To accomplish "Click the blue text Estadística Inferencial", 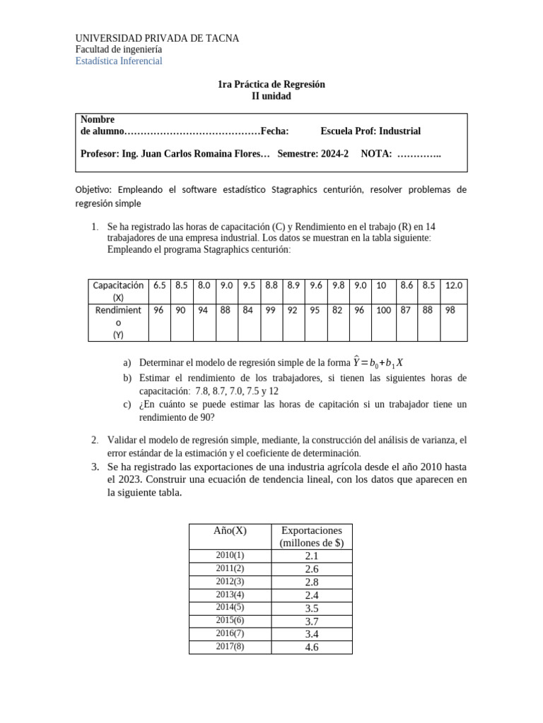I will click(x=119, y=61).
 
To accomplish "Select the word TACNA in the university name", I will click(x=221, y=38).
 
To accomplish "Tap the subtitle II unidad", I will click(x=271, y=96).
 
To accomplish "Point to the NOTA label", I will click(x=376, y=154).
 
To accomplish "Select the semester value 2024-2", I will click(x=334, y=154).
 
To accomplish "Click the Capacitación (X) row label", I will click(x=118, y=291).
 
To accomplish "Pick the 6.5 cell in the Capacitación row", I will click(x=159, y=285).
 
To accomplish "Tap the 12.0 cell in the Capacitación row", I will click(x=453, y=285).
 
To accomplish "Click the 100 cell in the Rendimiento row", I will click(x=383, y=310).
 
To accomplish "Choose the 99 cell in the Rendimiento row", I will click(x=271, y=310).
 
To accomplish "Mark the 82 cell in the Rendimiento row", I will click(x=337, y=310).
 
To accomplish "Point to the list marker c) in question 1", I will click(x=127, y=405).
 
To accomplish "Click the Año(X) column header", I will click(x=230, y=530).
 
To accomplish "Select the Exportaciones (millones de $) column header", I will click(x=311, y=537).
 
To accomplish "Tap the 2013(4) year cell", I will click(x=230, y=594).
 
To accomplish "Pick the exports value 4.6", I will click(x=312, y=647).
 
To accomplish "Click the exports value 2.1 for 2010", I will click(x=312, y=556).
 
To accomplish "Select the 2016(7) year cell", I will click(x=230, y=633).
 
